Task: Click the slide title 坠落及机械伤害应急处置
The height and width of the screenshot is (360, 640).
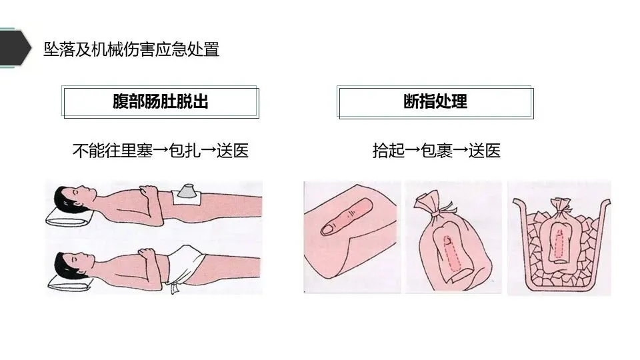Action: pos(131,49)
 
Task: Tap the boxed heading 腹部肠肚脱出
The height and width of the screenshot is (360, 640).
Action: pos(161,101)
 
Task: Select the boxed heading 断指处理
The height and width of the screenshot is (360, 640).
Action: pos(435,101)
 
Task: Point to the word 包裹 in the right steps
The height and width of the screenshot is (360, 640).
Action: pos(437,151)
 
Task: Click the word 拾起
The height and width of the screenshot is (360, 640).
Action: pos(389,151)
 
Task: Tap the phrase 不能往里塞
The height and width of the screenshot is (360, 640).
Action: pos(113,151)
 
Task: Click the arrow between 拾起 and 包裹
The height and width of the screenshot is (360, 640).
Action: pos(413,151)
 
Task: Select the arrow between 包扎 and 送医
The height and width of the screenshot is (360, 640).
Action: pos(209,151)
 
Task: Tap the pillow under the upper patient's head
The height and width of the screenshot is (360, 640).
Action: pos(69,217)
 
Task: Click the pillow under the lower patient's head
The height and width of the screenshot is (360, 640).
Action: pos(69,283)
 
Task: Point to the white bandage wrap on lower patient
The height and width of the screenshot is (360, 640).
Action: pos(185,265)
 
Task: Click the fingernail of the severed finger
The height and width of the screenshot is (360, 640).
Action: pos(329,229)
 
